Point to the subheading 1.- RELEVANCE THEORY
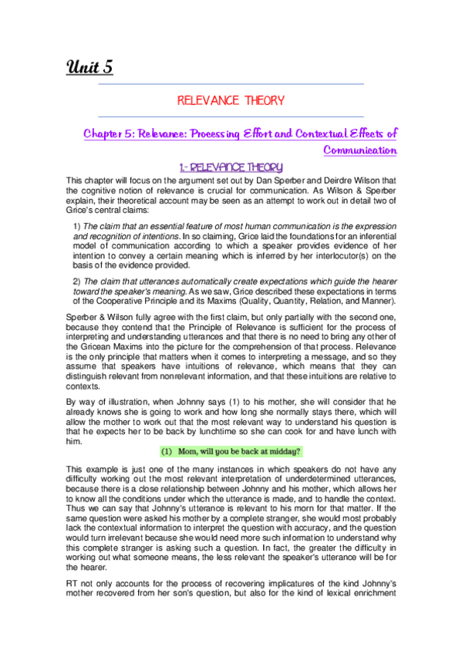tap(231, 167)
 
